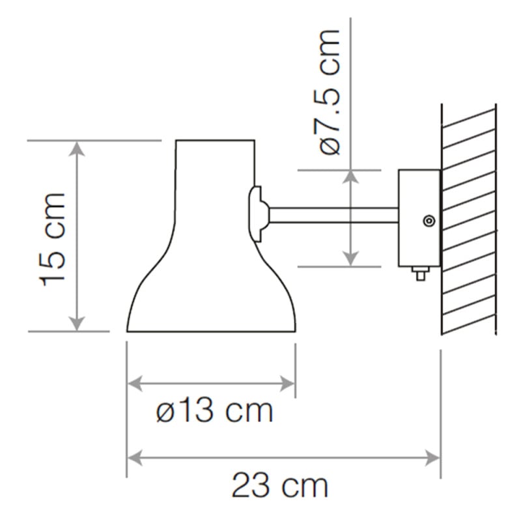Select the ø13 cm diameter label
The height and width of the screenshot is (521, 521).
tap(214, 412)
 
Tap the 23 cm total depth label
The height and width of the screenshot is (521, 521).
tap(279, 486)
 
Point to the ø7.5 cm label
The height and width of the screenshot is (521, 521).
tap(331, 92)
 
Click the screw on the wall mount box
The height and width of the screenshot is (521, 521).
tap(429, 221)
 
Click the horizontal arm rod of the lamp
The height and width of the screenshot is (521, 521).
tap(332, 215)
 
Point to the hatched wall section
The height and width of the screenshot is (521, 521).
tap(468, 221)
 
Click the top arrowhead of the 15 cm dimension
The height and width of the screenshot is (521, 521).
tap(77, 148)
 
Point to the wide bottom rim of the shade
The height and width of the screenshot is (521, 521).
tap(212, 331)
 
